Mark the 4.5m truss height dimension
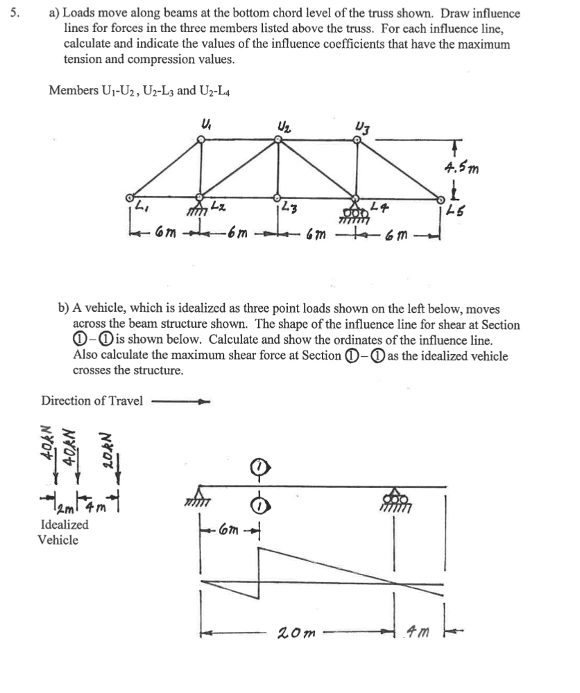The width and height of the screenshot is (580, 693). [460, 167]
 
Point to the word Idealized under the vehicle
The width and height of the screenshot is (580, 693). [65, 525]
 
